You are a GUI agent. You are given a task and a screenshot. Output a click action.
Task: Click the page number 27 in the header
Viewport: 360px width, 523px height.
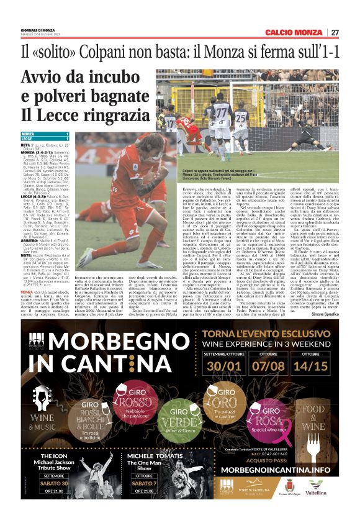(335, 32)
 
